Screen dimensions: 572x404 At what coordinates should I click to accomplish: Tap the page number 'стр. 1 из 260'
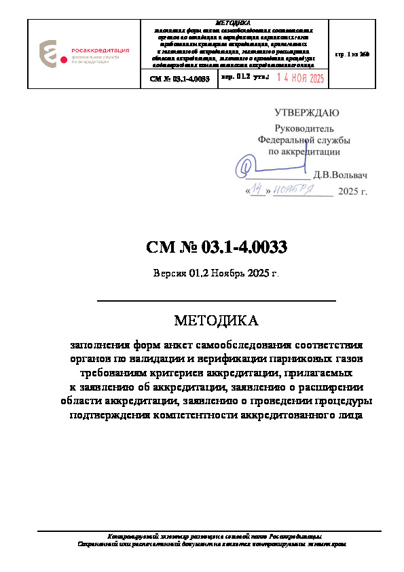(x=352, y=53)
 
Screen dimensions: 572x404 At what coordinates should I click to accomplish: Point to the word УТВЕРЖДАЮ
(x=307, y=113)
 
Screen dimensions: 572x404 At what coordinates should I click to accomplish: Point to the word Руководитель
(x=304, y=128)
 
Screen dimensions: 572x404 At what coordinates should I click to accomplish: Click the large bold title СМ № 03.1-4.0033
(x=217, y=248)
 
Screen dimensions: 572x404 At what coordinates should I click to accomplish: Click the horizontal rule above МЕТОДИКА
(x=217, y=300)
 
